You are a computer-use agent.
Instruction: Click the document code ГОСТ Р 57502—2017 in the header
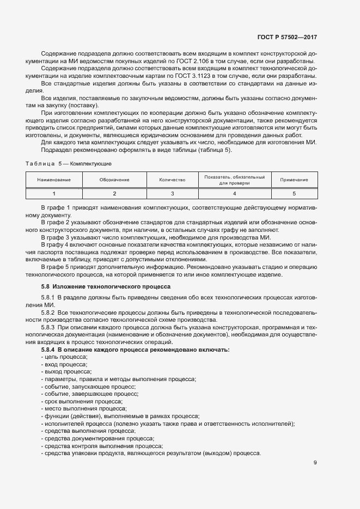tap(288, 38)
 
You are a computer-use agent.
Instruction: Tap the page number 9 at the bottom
tap(315, 463)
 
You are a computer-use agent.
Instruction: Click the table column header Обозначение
tap(114, 180)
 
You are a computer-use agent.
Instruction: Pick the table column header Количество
tap(172, 180)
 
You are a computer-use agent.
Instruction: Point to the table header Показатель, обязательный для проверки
tap(234, 180)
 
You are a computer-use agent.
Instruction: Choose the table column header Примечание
tap(294, 180)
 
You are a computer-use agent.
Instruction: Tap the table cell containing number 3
tap(172, 193)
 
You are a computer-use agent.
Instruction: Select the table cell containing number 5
tap(294, 193)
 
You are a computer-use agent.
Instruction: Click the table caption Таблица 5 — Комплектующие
tap(69, 163)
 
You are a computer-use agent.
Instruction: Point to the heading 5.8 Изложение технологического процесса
tap(106, 286)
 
